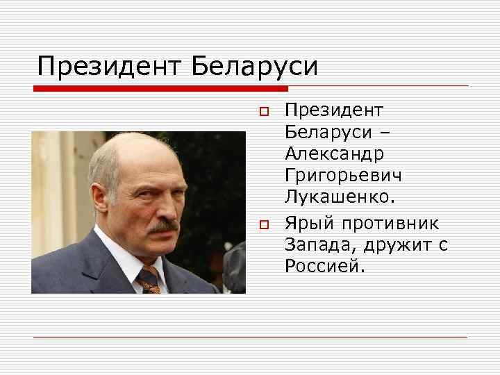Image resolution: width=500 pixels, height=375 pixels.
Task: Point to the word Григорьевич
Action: click(x=342, y=176)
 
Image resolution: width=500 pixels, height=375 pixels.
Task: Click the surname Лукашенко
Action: click(x=339, y=198)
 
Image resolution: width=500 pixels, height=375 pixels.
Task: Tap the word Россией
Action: click(x=323, y=266)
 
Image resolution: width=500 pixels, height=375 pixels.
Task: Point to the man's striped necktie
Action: click(x=149, y=279)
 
